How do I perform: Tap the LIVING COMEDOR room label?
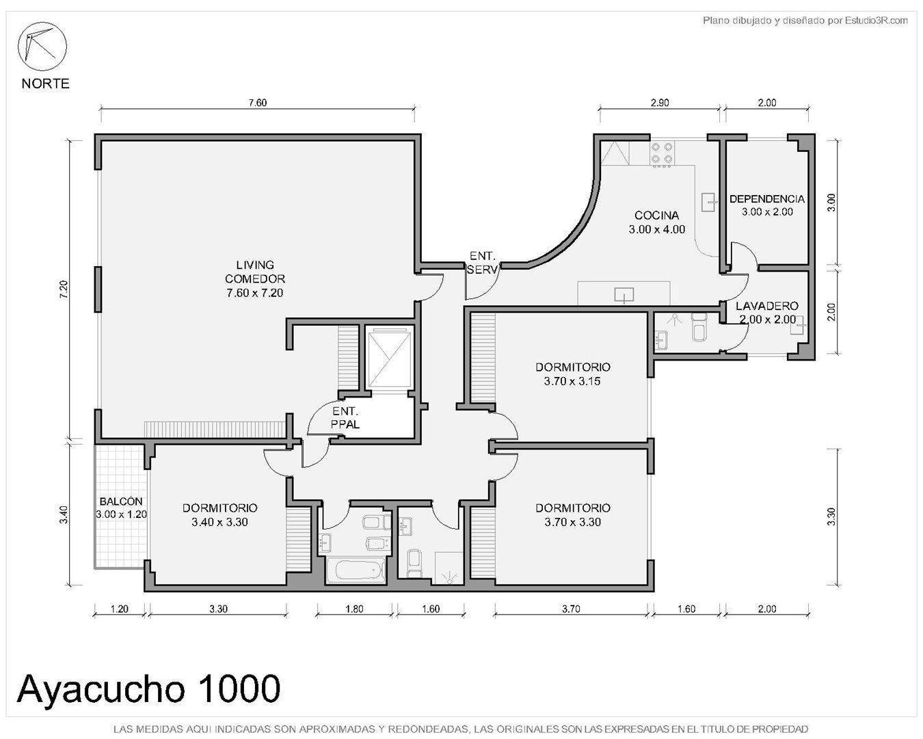(254, 278)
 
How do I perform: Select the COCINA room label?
(656, 222)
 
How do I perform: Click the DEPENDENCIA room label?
(766, 199)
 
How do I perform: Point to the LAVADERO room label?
(766, 306)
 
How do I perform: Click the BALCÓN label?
(120, 502)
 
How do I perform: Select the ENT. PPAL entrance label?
(345, 418)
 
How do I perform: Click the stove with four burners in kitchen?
(663, 154)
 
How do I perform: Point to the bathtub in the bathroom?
(353, 571)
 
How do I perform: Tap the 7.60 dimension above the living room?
(257, 103)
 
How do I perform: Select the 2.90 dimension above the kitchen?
(659, 103)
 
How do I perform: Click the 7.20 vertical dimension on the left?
(64, 288)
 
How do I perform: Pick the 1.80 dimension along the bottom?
(354, 609)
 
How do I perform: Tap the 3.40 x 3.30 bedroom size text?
(219, 522)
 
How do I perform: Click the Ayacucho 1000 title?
(148, 689)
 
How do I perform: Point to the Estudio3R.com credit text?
(805, 21)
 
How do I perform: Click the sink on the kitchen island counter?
(624, 295)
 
